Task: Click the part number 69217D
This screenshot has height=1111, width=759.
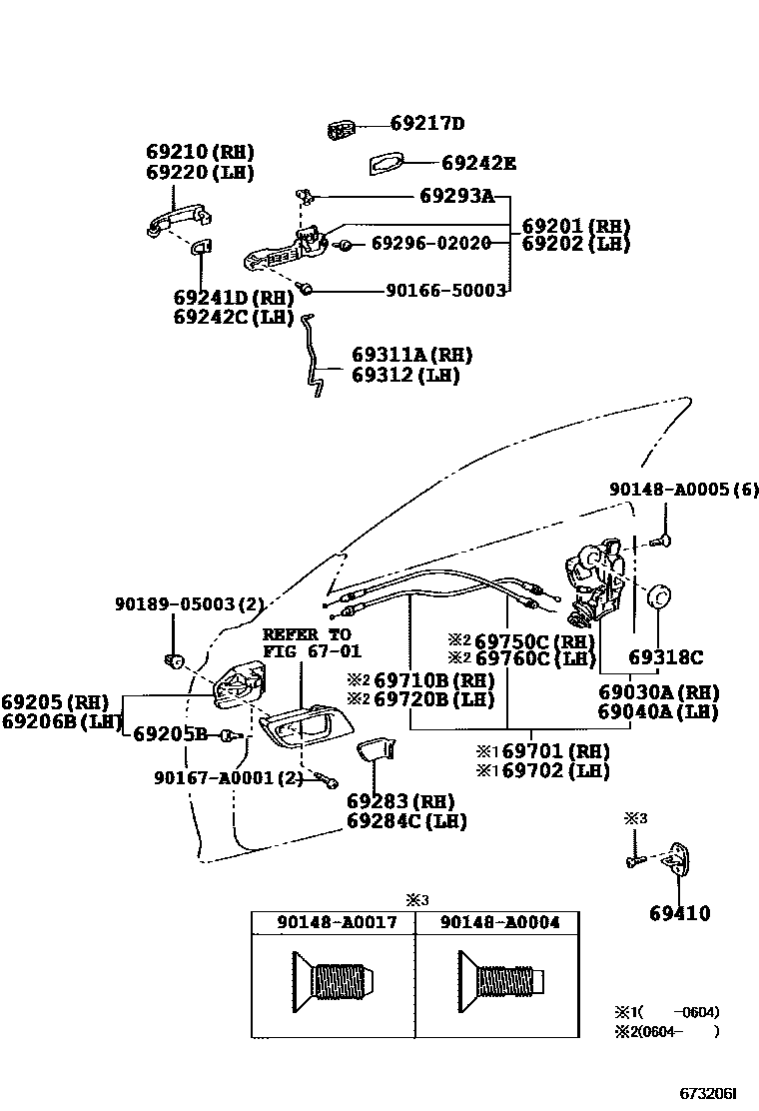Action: (426, 125)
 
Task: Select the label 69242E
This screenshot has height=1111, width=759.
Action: (478, 163)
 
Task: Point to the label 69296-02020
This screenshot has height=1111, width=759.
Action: (430, 244)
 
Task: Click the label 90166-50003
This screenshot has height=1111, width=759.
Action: (445, 290)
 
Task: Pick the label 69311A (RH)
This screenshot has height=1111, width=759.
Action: (411, 355)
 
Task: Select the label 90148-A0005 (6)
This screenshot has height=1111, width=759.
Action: (684, 490)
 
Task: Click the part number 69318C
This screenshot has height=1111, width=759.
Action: (665, 657)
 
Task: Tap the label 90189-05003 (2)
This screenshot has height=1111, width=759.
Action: (189, 604)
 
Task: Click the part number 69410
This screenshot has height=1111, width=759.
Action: (680, 913)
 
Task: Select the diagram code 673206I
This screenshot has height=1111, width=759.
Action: (714, 1094)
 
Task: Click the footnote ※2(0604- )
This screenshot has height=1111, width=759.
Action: (666, 1031)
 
